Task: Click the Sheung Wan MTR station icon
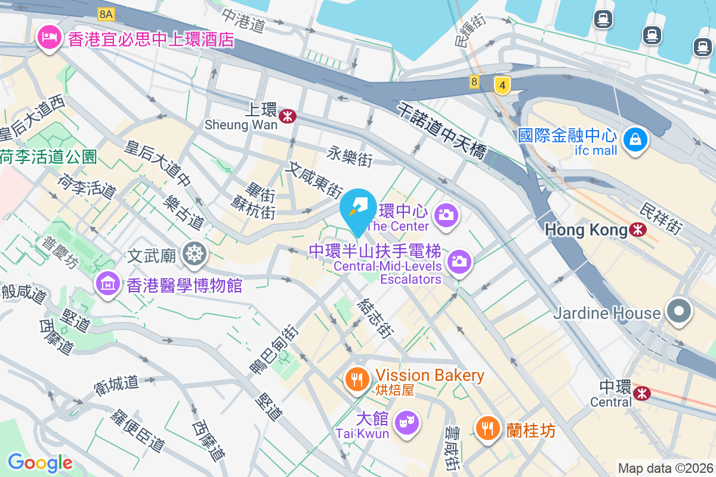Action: click(288, 116)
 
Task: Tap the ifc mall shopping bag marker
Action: click(635, 140)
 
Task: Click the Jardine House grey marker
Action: click(679, 311)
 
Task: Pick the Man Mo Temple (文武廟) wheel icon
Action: click(195, 254)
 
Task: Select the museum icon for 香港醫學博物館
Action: click(107, 284)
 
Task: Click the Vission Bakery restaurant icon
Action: click(357, 378)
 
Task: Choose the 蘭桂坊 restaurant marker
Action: click(488, 428)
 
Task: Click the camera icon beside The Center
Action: click(446, 213)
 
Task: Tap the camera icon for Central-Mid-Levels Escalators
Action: click(459, 261)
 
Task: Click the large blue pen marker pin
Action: click(358, 208)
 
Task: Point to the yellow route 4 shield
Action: click(502, 86)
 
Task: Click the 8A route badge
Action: click(106, 13)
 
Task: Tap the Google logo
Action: click(40, 462)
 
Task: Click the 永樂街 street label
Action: click(350, 158)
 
